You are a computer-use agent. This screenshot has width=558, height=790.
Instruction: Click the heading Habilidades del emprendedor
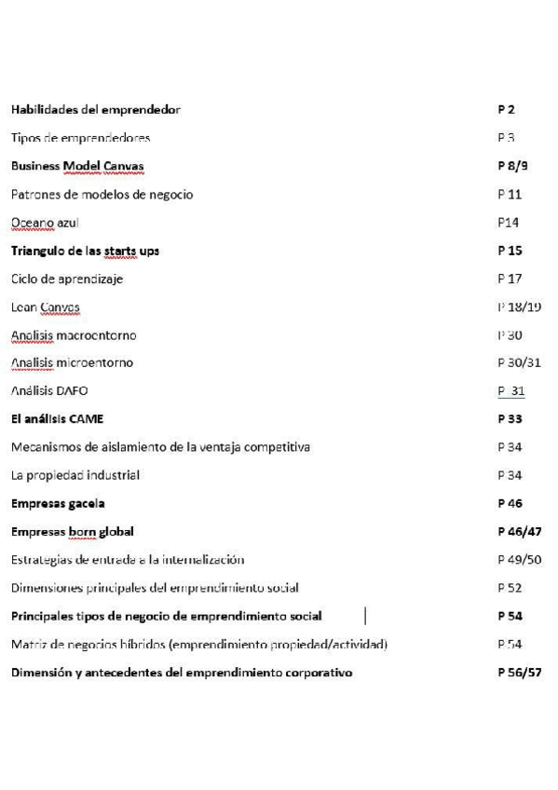96,110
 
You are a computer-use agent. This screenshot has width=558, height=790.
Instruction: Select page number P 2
506,110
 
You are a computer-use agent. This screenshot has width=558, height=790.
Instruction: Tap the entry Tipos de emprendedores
80,138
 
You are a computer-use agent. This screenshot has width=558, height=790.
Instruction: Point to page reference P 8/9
512,166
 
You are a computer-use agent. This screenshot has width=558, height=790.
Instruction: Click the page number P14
508,222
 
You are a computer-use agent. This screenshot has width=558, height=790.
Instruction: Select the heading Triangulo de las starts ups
85,251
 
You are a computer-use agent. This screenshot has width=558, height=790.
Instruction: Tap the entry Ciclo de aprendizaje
67,279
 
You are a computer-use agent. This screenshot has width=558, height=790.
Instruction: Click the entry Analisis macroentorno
74,334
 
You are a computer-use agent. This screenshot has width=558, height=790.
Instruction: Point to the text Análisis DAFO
49,391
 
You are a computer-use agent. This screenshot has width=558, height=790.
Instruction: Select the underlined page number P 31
510,391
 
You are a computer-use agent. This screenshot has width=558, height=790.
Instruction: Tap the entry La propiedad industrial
75,475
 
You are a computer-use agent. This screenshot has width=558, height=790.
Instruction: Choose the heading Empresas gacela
58,503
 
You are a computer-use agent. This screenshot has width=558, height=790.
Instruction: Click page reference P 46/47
519,531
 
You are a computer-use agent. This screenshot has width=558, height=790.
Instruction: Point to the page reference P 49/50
519,559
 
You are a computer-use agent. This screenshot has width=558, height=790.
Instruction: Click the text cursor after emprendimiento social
365,616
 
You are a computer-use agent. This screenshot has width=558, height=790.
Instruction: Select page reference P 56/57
519,672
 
